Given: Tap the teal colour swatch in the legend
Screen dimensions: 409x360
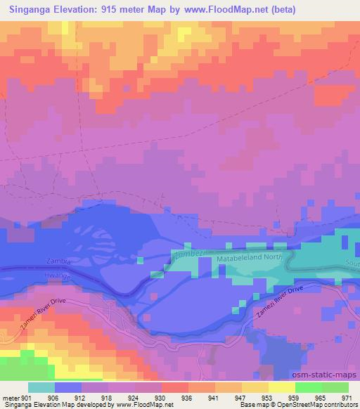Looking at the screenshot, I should pyautogui.click(x=41, y=387).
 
